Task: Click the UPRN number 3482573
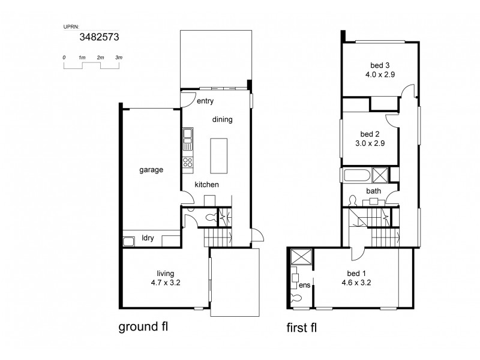coord(99,37)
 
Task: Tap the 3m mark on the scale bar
coord(119,57)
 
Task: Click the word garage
coord(151,170)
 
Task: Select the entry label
coord(205,101)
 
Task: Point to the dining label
coord(222,119)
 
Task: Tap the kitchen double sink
coord(188,139)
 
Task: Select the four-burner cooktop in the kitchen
coord(188,161)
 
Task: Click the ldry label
coord(148,238)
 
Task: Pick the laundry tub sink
coord(128,242)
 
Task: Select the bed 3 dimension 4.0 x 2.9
coord(379,75)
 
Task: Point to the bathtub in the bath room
coord(356,175)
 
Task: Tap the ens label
coord(304,286)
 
